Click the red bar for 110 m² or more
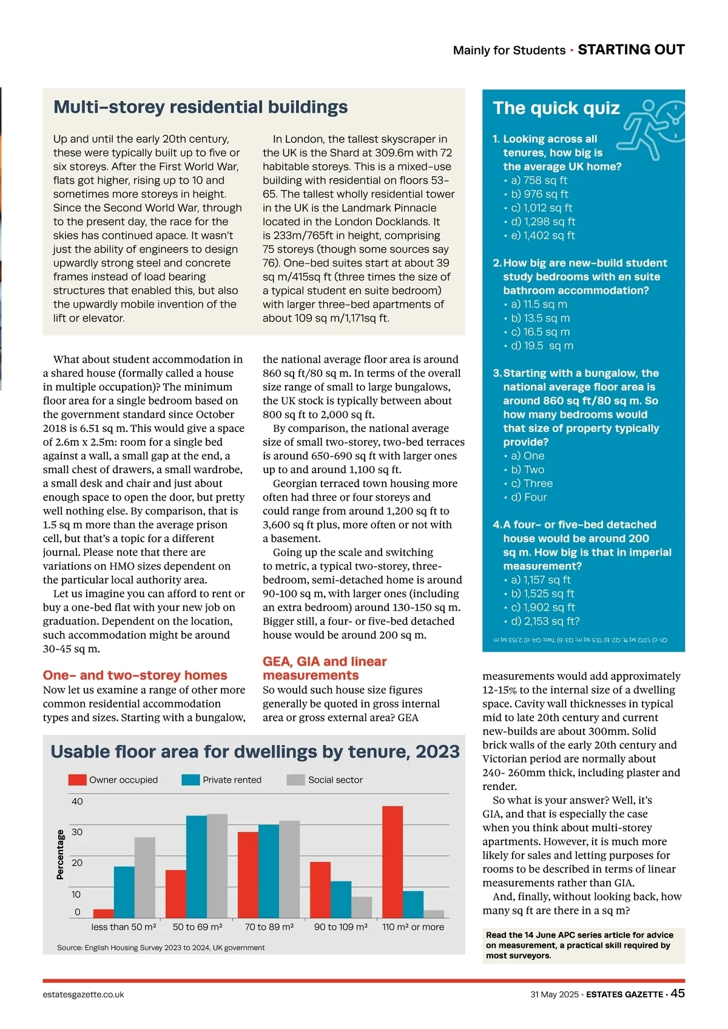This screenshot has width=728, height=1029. coord(393,862)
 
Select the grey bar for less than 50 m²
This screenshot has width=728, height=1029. coord(145,877)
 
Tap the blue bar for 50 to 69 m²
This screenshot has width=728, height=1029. coord(197,866)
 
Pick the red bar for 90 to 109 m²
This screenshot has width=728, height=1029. coord(320,889)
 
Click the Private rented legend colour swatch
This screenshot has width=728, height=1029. coord(190,780)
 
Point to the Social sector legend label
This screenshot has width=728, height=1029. coord(335,780)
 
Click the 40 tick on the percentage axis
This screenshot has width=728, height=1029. coord(77,801)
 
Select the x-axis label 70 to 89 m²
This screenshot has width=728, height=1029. coord(269,927)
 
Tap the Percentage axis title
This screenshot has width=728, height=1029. coord(60,855)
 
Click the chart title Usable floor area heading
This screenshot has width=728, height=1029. coord(255,752)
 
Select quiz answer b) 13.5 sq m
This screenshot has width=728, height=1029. coord(540,319)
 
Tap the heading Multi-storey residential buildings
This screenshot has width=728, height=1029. coord(201,107)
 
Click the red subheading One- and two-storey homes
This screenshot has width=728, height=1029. coord(135,675)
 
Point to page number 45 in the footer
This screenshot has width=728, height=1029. coord(678,993)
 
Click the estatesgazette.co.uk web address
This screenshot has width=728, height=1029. coord(83,994)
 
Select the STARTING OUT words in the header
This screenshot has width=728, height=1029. coord(631,50)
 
